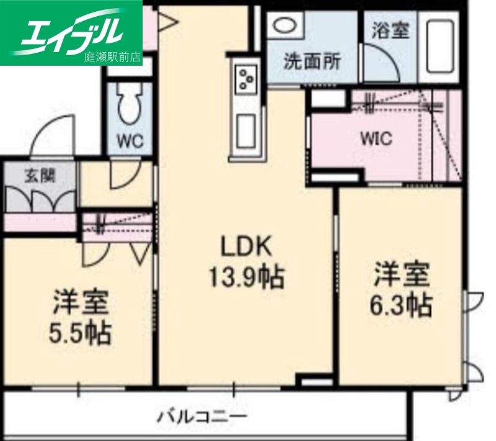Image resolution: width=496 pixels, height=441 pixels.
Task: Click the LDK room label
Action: (246, 246)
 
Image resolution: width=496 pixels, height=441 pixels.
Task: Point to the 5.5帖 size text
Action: (81, 333)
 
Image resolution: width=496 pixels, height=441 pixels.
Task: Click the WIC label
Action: (376, 138)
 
